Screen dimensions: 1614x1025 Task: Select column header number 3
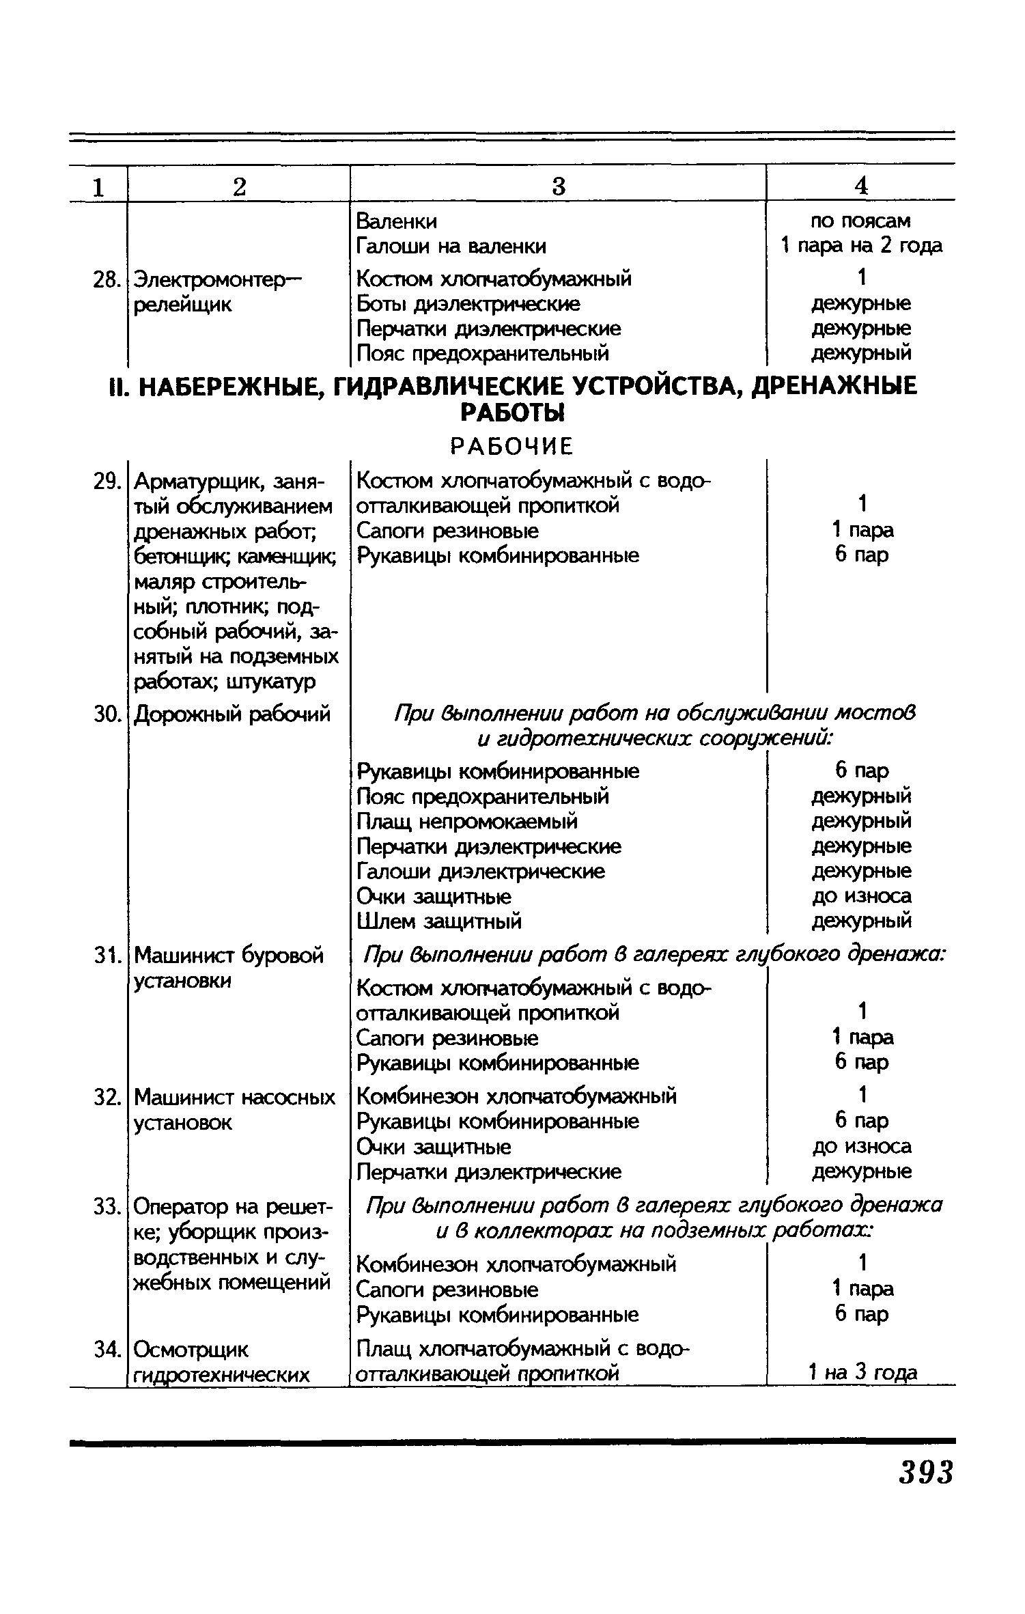point(559,186)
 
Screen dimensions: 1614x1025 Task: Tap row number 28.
point(107,279)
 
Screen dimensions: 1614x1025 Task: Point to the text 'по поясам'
point(860,221)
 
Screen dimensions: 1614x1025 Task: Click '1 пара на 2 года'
point(861,245)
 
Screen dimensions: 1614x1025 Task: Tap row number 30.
point(107,714)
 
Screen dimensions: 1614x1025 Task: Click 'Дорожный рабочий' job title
point(232,714)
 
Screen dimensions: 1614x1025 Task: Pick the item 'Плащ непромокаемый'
point(467,821)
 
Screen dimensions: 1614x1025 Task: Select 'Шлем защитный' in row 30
point(439,921)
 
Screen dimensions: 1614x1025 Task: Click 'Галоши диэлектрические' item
point(481,872)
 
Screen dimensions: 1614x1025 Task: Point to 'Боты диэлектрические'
point(468,303)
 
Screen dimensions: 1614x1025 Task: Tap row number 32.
point(107,1098)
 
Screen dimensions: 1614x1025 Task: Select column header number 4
point(861,186)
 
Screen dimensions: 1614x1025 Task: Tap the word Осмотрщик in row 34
point(191,1350)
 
